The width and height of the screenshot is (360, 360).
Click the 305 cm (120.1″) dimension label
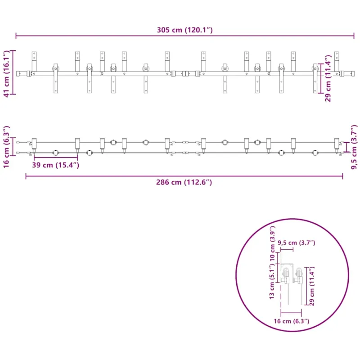pos(184,30)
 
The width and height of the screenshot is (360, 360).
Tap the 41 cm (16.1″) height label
pos(6,74)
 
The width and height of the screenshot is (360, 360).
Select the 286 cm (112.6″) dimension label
pos(184,182)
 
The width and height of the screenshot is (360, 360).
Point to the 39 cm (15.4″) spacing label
pos(55,165)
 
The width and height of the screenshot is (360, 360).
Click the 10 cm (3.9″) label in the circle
pos(272,243)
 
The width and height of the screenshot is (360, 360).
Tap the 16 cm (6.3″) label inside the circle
pos(291,321)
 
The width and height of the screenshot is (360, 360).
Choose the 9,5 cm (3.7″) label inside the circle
pos(297,243)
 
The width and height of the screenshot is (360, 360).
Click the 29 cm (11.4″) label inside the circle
pos(312,286)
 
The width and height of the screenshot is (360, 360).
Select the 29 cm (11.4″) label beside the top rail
pos(328,78)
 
